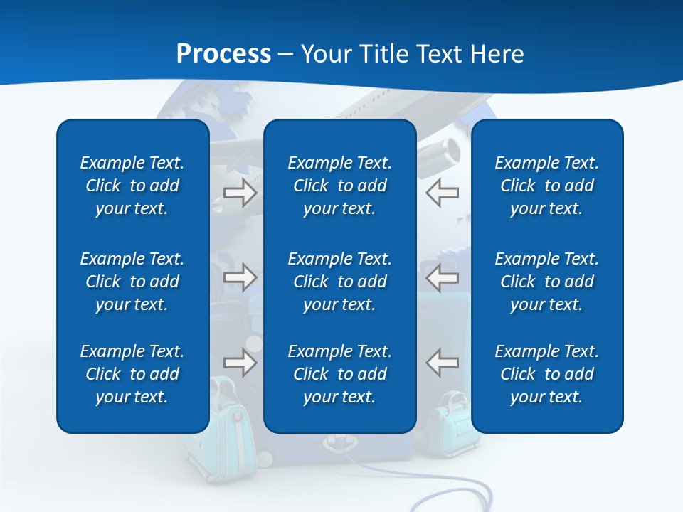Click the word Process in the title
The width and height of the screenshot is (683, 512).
click(223, 53)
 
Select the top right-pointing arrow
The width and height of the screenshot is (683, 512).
click(240, 193)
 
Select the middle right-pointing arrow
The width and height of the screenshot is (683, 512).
click(240, 277)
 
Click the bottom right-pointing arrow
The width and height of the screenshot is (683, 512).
click(240, 363)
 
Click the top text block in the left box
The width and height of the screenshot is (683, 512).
click(132, 186)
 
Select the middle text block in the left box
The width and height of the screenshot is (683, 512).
click(132, 282)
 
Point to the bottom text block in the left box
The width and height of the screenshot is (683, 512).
click(132, 374)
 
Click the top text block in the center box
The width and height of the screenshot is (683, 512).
click(340, 186)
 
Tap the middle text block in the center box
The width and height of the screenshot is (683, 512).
click(340, 282)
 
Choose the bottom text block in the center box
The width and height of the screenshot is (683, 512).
click(340, 374)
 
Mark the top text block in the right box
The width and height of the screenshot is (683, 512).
click(547, 186)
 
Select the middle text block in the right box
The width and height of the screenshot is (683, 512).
click(547, 282)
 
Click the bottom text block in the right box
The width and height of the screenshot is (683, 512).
click(547, 374)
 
